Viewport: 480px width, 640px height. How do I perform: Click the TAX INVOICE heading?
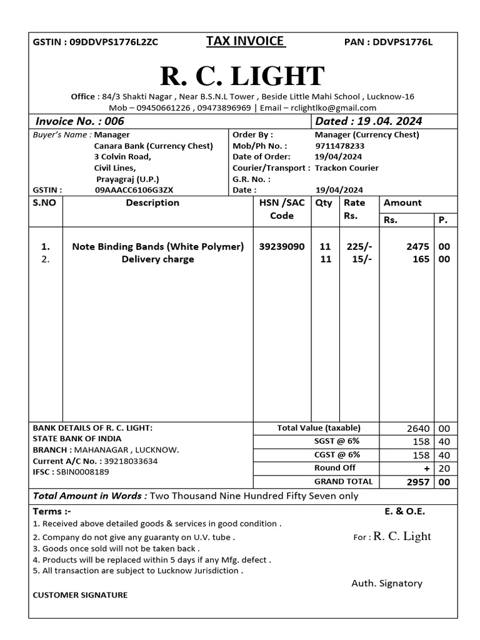pos(246,41)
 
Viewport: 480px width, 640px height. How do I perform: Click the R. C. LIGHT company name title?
pos(242,76)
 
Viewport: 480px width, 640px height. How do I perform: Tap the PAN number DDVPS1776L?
pos(402,42)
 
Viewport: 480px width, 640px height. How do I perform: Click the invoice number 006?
pos(114,121)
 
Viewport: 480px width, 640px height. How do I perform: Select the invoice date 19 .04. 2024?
pos(390,121)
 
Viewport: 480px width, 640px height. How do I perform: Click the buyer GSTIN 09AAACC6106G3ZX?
pos(134,190)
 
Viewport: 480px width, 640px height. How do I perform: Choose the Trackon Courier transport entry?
pos(346,167)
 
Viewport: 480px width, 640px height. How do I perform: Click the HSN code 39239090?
pos(282,246)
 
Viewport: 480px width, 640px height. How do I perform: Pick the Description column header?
pos(152,202)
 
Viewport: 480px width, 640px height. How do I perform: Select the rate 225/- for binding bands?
pos(359,246)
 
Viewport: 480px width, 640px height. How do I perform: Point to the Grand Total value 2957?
pos(418,482)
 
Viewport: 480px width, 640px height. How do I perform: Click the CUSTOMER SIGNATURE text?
pos(79,595)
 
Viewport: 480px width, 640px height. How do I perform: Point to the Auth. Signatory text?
pos(386,583)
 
